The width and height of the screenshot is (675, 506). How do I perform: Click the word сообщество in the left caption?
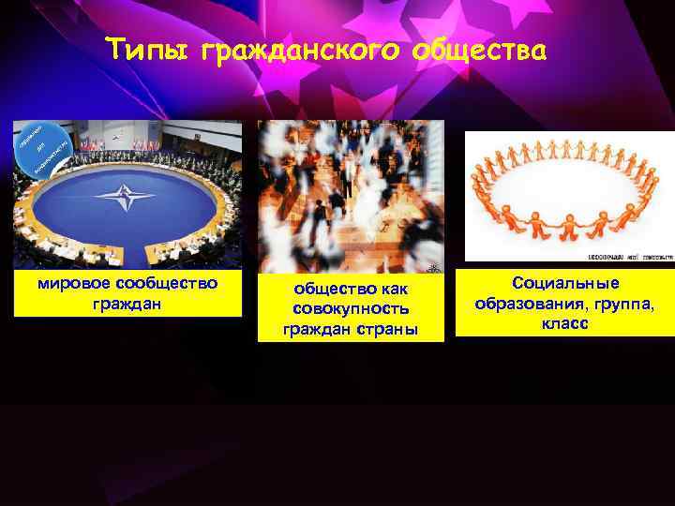pyautogui.click(x=167, y=282)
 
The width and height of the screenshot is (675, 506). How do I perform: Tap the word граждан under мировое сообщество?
pyautogui.click(x=127, y=303)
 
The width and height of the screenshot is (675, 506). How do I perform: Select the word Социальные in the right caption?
pyautogui.click(x=565, y=283)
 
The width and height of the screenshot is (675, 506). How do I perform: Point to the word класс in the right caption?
pyautogui.click(x=564, y=322)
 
